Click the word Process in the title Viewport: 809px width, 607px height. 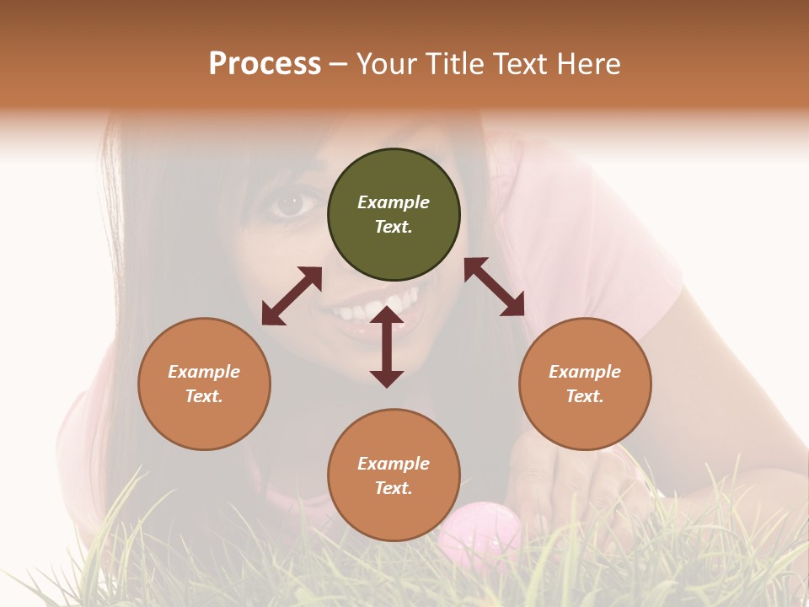[265, 64]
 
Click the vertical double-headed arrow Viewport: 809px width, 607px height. [387, 346]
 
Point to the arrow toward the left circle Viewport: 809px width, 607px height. [292, 296]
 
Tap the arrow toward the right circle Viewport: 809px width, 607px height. [494, 287]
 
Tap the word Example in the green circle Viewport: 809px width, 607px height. [394, 202]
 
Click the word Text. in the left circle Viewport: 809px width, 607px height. [204, 396]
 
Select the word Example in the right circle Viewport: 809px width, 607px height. [585, 372]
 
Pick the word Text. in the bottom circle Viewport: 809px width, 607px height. [394, 488]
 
